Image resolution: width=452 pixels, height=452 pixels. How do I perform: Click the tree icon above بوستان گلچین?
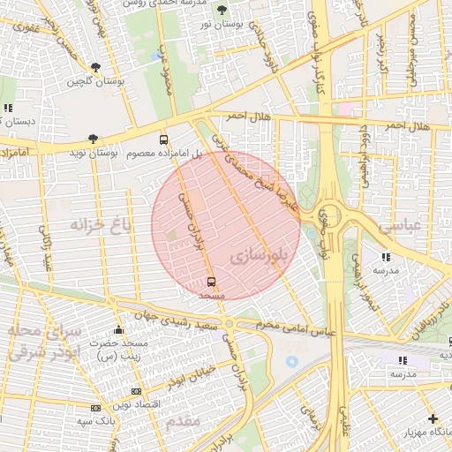(95, 66)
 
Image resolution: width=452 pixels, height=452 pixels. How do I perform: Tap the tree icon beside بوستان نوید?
(93, 139)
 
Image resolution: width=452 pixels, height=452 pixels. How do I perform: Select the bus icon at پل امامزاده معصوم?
(163, 139)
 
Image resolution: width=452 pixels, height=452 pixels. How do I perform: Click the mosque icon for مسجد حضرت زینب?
(119, 331)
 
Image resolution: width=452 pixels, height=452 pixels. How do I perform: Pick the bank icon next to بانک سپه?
(95, 408)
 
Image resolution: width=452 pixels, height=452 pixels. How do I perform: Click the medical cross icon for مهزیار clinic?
(432, 418)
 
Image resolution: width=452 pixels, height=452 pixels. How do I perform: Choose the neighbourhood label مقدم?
(183, 423)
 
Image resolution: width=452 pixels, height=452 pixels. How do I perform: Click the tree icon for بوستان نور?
(221, 10)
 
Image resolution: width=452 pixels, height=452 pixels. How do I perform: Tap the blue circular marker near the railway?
(291, 362)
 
